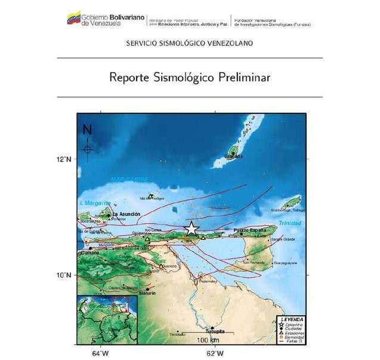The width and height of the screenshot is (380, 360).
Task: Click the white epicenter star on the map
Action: tap(191, 228)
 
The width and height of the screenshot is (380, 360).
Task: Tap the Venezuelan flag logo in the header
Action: tap(73, 17)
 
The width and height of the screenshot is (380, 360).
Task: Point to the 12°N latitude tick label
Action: tap(65, 160)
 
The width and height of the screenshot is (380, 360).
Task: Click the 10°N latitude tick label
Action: tap(65, 275)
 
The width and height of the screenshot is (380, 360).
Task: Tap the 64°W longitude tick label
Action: tap(100, 353)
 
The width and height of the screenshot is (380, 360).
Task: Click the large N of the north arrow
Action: tap(88, 129)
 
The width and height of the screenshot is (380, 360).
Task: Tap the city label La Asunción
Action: tap(126, 213)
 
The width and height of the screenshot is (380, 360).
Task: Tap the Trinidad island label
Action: tap(289, 224)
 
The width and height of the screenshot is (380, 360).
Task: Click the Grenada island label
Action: tap(234, 156)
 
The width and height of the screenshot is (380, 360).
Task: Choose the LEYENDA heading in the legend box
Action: tap(292, 320)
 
